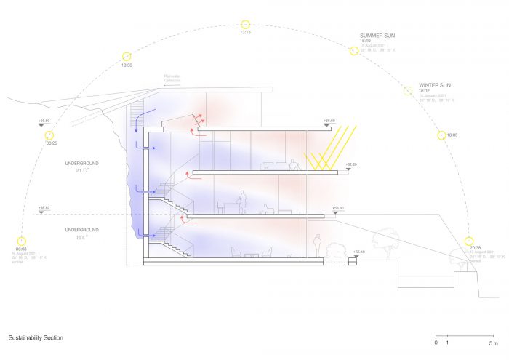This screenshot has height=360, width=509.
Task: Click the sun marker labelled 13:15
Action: (x=245, y=24)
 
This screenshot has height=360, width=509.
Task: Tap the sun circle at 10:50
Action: (x=127, y=56)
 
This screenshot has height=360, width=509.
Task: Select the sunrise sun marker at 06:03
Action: (x=21, y=241)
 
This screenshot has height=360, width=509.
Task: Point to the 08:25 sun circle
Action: (x=49, y=135)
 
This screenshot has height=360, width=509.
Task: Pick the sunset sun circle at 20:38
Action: (x=469, y=241)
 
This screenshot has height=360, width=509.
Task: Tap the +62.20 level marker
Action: (x=352, y=165)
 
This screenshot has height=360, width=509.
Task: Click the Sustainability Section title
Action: (x=36, y=338)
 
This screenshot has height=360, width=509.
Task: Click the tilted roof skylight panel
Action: (x=196, y=117)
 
